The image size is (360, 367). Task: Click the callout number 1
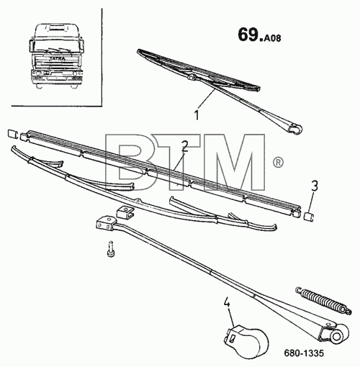point(197,115)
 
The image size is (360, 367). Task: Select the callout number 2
point(184,146)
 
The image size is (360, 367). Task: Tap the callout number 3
point(315,186)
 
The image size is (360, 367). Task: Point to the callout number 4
point(227,303)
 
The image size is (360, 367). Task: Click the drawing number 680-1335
point(304,353)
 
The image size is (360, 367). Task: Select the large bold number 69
point(249,35)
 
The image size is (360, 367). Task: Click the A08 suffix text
point(272,38)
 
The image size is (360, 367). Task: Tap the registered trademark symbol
point(278,163)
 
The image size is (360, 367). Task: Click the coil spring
point(324,301)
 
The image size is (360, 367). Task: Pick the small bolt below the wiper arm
point(110,250)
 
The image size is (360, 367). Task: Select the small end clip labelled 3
point(309,217)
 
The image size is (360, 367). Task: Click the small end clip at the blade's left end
point(12,134)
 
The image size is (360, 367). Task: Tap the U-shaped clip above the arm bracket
point(125,212)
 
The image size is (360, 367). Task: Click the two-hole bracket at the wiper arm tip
point(104,225)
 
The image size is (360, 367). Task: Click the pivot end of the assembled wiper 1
point(294,129)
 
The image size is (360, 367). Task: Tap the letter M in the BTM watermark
point(235,163)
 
